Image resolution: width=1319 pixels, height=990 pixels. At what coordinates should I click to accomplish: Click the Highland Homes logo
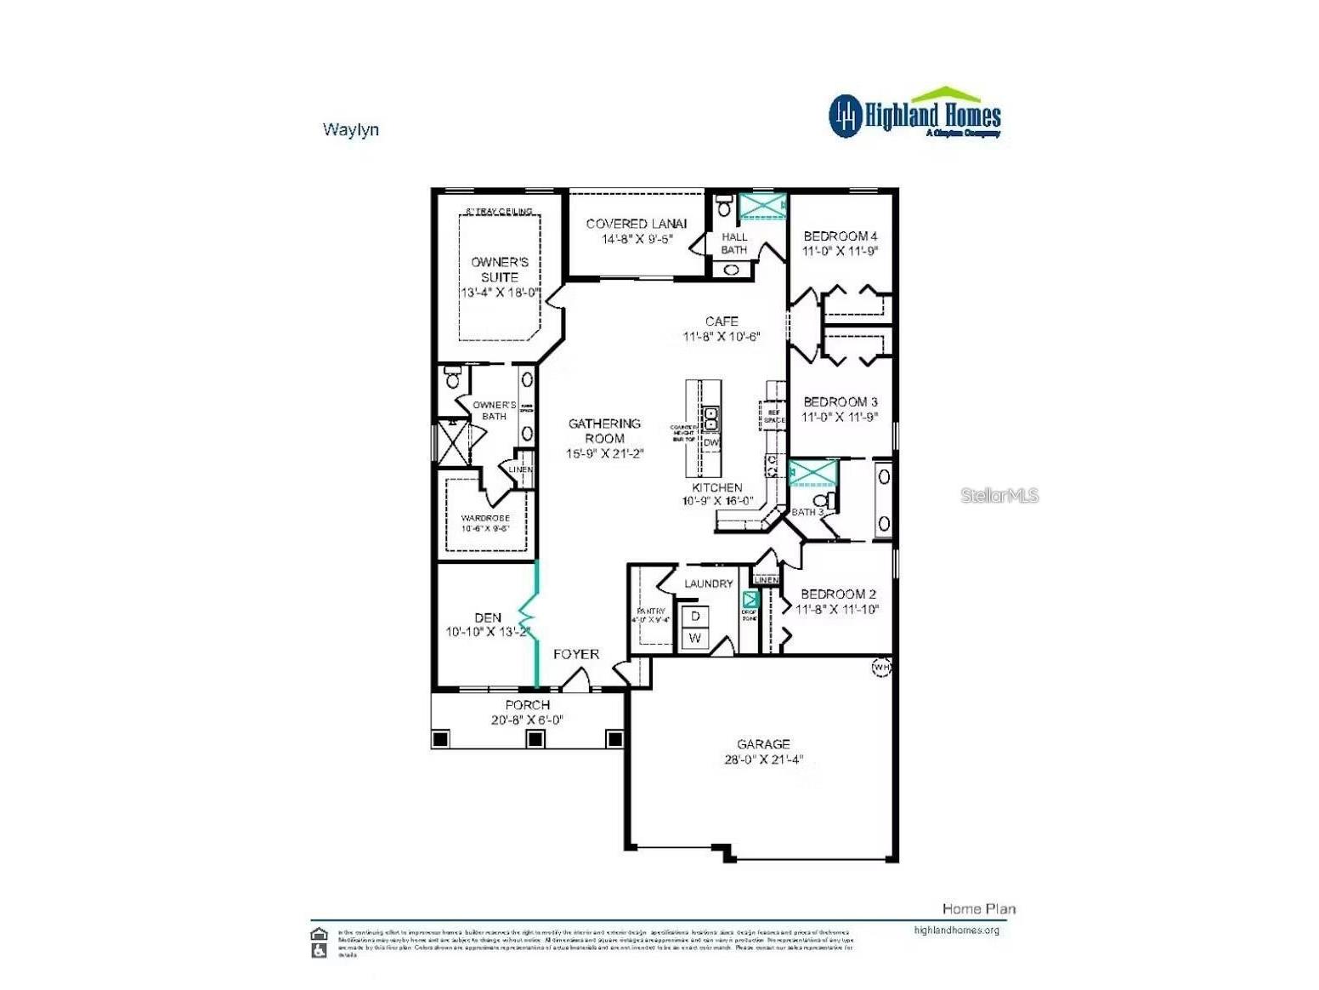click(x=914, y=113)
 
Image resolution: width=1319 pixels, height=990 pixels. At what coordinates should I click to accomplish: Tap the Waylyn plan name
click(x=350, y=130)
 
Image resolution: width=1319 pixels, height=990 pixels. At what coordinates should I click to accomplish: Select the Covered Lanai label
click(x=637, y=224)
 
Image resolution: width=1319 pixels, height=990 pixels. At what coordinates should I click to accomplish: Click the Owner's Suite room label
click(x=500, y=270)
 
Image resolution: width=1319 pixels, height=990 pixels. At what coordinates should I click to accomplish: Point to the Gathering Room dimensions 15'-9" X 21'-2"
click(x=605, y=454)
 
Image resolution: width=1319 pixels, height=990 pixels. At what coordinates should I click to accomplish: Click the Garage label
click(x=763, y=744)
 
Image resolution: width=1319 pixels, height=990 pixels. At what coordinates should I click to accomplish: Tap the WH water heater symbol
click(x=881, y=668)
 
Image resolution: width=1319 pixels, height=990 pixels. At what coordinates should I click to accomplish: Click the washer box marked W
click(x=695, y=638)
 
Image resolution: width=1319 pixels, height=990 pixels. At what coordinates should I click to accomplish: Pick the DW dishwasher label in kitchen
click(x=710, y=442)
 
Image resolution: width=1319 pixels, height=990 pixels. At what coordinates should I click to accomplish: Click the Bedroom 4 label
click(x=840, y=236)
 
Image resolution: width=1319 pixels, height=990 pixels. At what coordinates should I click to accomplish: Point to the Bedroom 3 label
click(x=840, y=401)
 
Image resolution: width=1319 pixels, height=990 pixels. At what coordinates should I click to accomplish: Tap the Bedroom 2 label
click(x=838, y=595)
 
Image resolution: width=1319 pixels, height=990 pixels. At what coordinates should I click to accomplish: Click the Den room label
click(x=488, y=617)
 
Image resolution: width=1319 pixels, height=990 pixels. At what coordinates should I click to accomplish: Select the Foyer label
click(x=576, y=654)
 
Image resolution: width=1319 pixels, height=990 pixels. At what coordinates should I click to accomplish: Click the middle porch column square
click(x=535, y=739)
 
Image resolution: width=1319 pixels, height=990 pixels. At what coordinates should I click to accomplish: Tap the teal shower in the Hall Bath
click(x=762, y=207)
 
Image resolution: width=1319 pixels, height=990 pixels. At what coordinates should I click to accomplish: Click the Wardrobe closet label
click(x=485, y=518)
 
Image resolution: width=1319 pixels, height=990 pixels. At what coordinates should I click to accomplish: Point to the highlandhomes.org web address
click(x=956, y=930)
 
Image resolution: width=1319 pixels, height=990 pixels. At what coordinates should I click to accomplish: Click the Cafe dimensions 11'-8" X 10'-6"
click(x=721, y=337)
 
